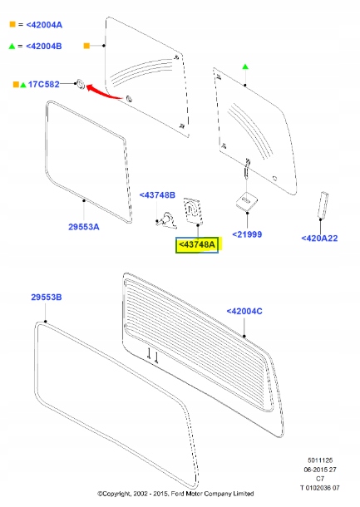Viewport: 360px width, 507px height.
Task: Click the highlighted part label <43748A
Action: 195,244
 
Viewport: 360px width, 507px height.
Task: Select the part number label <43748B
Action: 157,194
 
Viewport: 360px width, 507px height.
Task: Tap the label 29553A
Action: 84,226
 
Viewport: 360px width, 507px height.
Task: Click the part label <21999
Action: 247,234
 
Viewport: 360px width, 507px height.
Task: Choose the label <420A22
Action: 319,239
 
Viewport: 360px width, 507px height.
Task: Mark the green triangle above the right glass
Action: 244,66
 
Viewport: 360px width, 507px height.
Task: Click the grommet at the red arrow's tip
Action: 81,83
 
